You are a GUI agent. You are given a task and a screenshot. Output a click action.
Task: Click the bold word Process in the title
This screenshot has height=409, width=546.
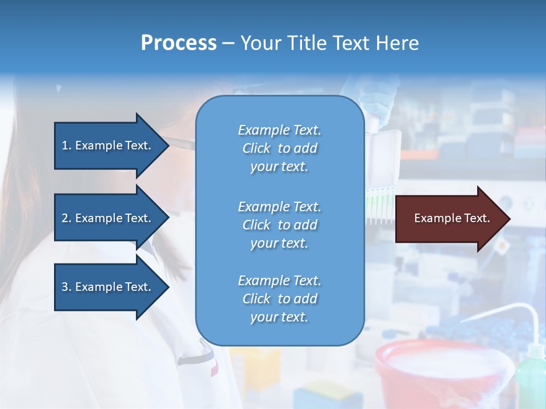coord(179,43)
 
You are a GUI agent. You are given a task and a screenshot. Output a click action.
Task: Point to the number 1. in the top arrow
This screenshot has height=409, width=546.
coord(66,145)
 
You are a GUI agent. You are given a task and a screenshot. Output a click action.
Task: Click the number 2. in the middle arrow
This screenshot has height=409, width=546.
coord(66,218)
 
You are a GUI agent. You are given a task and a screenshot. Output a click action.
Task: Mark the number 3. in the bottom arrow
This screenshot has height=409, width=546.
coord(66,287)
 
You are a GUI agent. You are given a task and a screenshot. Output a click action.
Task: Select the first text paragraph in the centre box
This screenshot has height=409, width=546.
coord(279,148)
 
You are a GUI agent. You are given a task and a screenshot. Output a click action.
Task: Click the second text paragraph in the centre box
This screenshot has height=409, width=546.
coord(279,225)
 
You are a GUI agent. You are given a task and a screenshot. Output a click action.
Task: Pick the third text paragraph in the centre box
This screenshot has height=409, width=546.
coord(279,299)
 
